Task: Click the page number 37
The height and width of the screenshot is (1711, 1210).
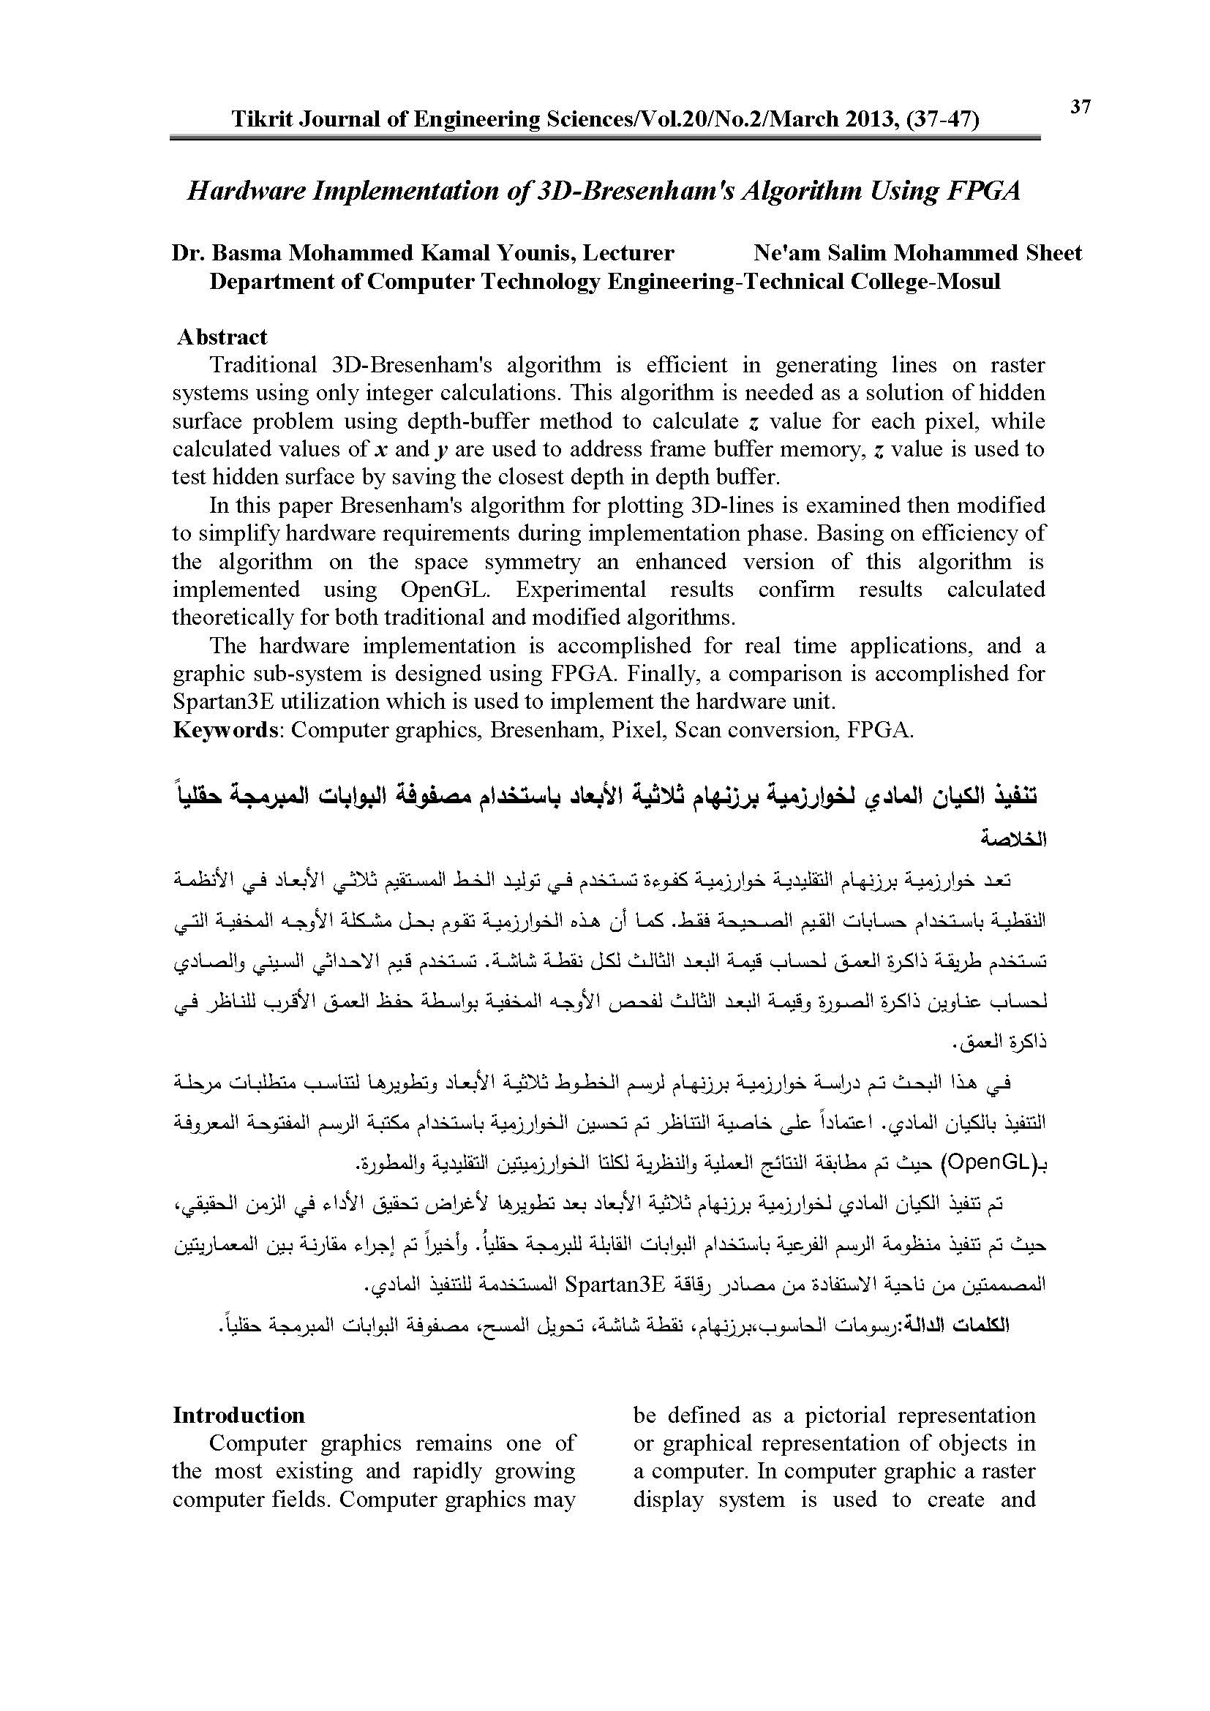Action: (x=1081, y=108)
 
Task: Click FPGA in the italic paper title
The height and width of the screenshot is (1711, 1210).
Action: (x=983, y=191)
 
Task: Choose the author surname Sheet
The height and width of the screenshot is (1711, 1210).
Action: (x=1053, y=253)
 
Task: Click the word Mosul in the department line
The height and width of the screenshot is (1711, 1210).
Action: (x=969, y=282)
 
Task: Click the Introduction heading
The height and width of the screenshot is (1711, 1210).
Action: (x=238, y=1415)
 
